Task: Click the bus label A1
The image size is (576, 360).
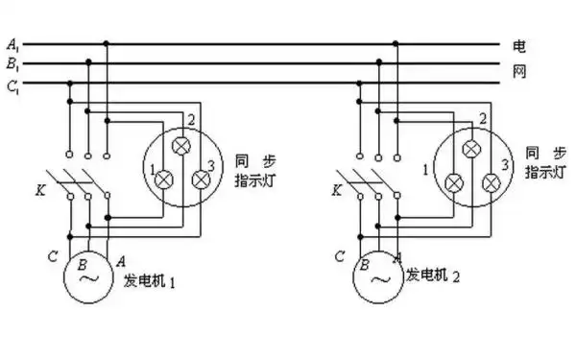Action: point(12,44)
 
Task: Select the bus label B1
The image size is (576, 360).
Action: point(12,63)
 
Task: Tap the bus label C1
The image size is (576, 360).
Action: point(12,84)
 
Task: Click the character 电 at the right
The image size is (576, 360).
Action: point(519,45)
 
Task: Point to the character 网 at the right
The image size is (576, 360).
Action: point(519,72)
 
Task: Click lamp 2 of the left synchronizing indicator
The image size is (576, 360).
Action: point(181,147)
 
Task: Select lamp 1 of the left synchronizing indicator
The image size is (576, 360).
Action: point(164,180)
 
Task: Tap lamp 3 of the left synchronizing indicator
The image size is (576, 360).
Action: point(200,180)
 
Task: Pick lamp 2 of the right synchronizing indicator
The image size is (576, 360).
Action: point(471,148)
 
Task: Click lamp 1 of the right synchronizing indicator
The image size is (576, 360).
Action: point(454,181)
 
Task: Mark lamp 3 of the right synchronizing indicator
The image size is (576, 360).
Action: point(491,181)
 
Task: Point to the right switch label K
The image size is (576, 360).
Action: point(337,190)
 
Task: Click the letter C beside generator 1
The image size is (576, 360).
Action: point(53,256)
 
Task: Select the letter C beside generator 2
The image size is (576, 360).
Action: point(340,256)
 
